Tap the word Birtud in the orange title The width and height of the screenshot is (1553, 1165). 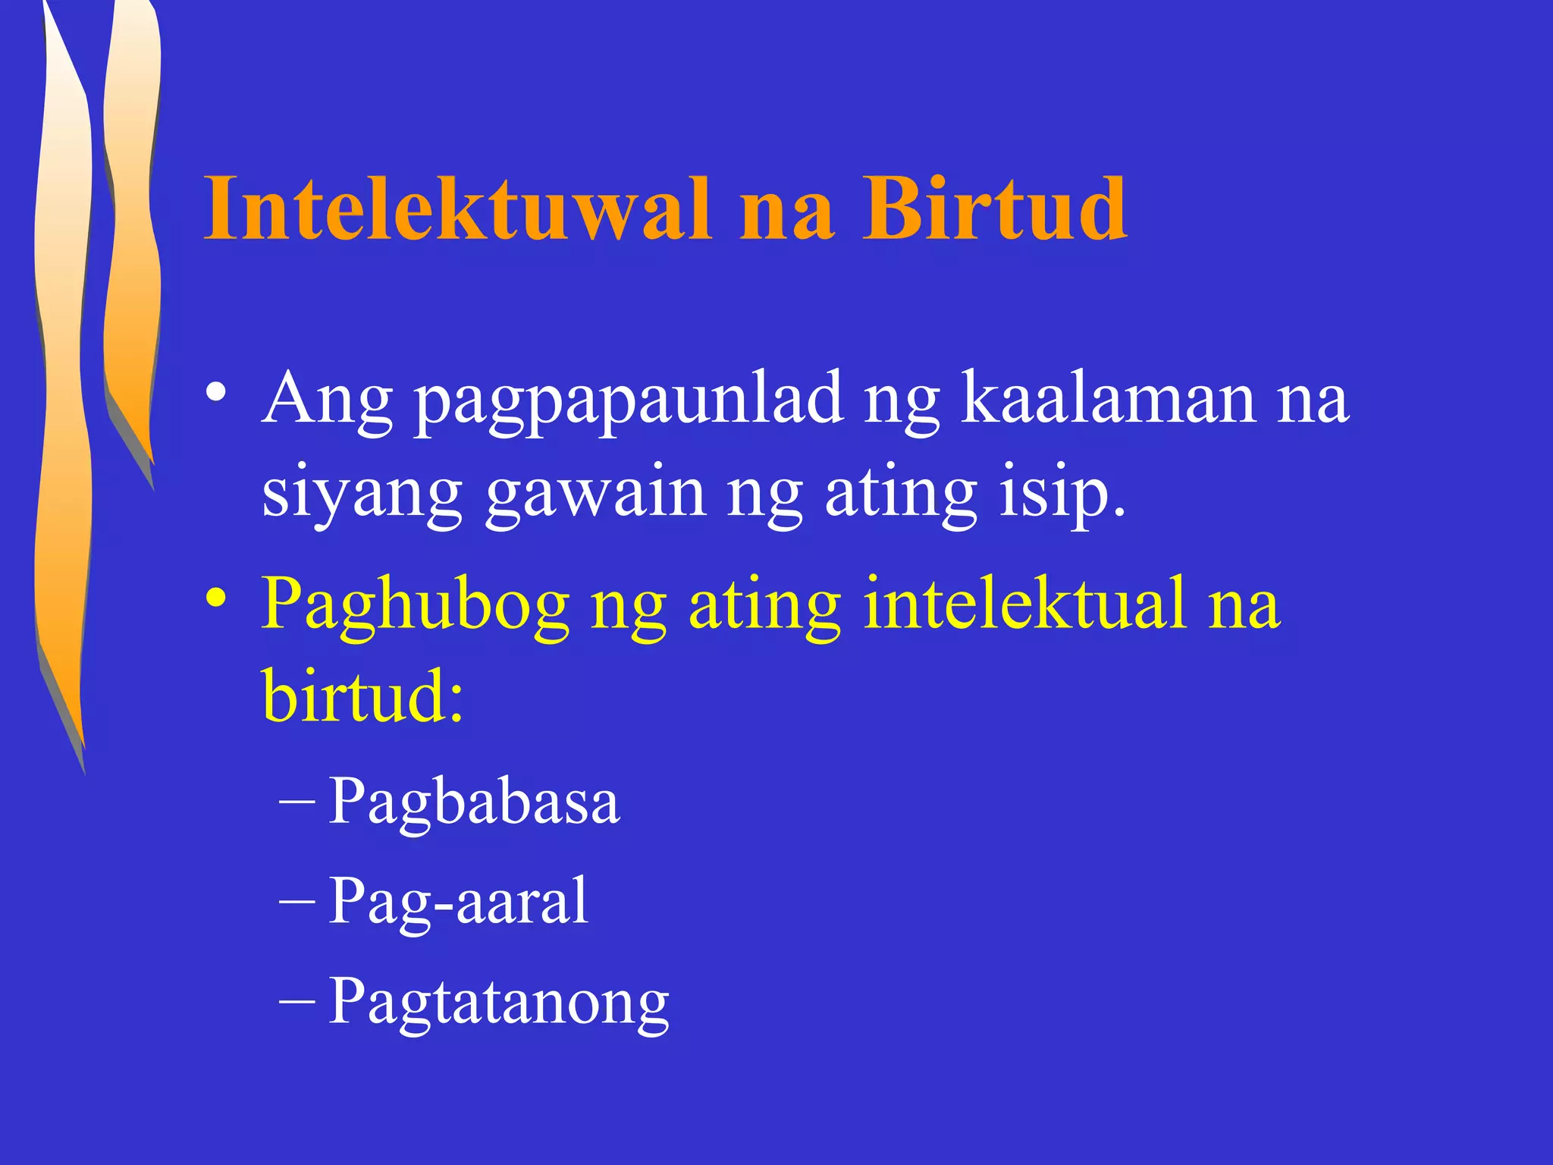click(x=994, y=209)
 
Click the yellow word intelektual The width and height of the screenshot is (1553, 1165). click(x=1024, y=602)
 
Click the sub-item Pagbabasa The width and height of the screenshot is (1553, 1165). click(x=474, y=802)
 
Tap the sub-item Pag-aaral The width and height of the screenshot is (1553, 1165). click(x=458, y=901)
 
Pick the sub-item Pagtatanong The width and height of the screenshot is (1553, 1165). click(x=499, y=1003)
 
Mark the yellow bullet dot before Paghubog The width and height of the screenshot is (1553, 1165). click(x=215, y=596)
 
